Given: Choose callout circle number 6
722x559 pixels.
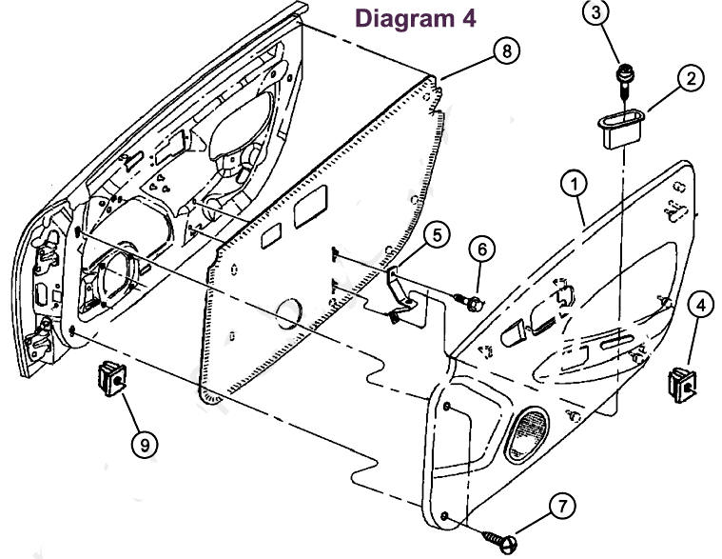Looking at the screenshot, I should pos(481,250).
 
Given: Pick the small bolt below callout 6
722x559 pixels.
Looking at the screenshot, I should pos(468,303).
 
